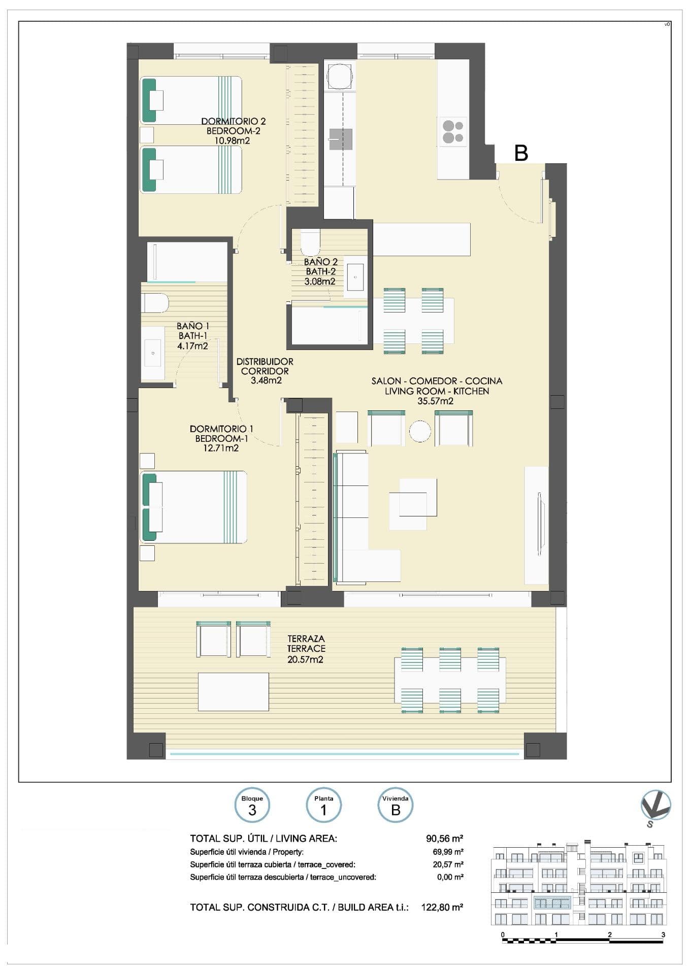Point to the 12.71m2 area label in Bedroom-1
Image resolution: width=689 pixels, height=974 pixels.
[x=217, y=448]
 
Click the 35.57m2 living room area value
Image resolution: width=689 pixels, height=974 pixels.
[x=436, y=401]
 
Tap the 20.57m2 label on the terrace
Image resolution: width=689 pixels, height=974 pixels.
[x=306, y=659]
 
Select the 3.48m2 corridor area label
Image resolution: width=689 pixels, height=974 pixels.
[x=266, y=380]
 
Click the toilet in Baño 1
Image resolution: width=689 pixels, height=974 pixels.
[x=155, y=303]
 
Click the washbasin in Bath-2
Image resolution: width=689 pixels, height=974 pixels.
[x=355, y=277]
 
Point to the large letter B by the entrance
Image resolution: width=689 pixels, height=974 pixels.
[x=521, y=153]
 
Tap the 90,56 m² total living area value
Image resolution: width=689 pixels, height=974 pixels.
[x=444, y=838]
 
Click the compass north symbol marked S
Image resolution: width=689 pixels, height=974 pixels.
[x=655, y=807]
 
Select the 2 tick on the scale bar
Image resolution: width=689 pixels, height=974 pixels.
[x=609, y=934]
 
